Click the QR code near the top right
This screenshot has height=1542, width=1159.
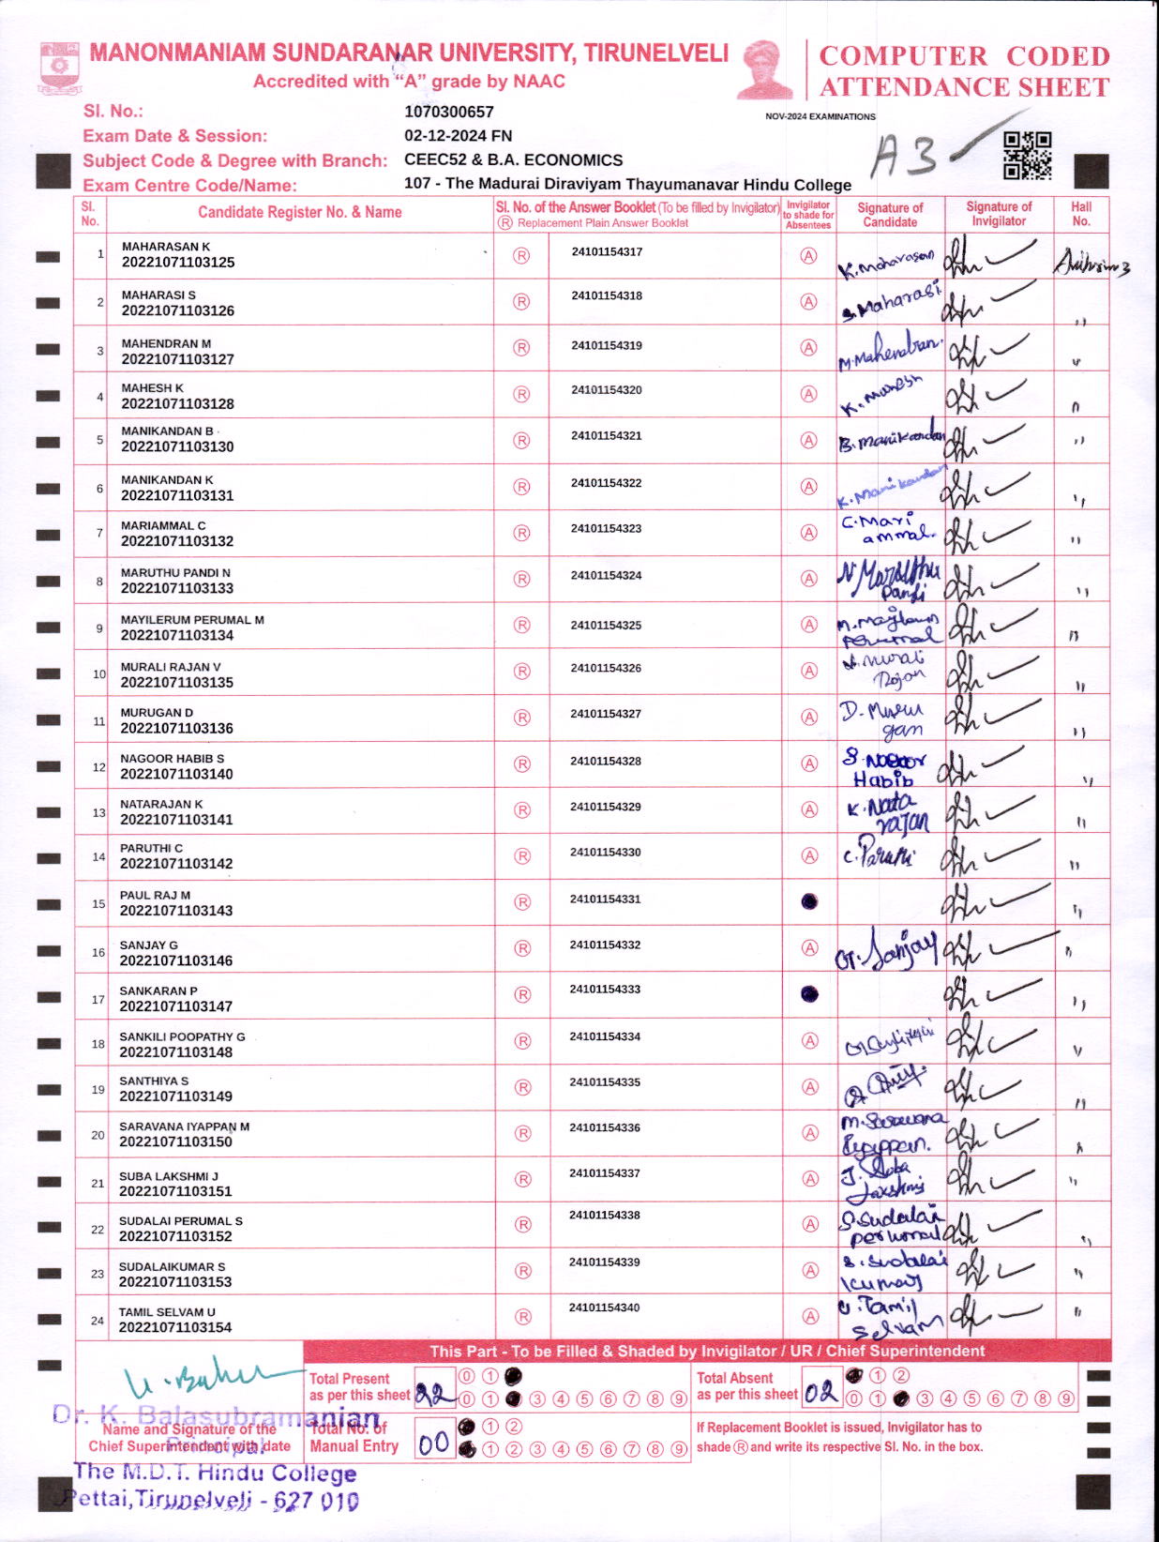click(x=1027, y=156)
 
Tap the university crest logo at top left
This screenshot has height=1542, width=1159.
click(x=60, y=67)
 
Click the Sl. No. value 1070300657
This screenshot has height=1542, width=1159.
click(x=448, y=112)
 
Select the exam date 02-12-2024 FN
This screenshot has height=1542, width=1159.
click(x=458, y=136)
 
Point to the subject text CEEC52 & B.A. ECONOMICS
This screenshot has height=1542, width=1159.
click(x=513, y=160)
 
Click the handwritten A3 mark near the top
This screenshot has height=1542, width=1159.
click(x=903, y=156)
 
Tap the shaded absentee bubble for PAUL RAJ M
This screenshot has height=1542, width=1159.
click(x=809, y=901)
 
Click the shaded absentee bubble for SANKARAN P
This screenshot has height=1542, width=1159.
click(x=809, y=994)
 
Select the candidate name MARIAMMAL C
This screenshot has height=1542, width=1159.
click(x=163, y=526)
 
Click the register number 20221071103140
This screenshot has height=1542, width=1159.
click(x=176, y=775)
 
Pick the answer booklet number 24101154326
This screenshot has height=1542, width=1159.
click(x=606, y=669)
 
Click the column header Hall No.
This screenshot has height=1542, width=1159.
click(x=1081, y=214)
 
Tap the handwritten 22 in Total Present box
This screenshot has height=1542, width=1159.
click(x=435, y=1395)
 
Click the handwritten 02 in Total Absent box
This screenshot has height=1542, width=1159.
click(x=821, y=1392)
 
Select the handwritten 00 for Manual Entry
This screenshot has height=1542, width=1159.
click(x=434, y=1444)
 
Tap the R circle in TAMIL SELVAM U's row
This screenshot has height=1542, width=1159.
click(x=523, y=1317)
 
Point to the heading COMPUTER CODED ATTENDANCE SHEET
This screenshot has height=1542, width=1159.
click(x=964, y=71)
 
